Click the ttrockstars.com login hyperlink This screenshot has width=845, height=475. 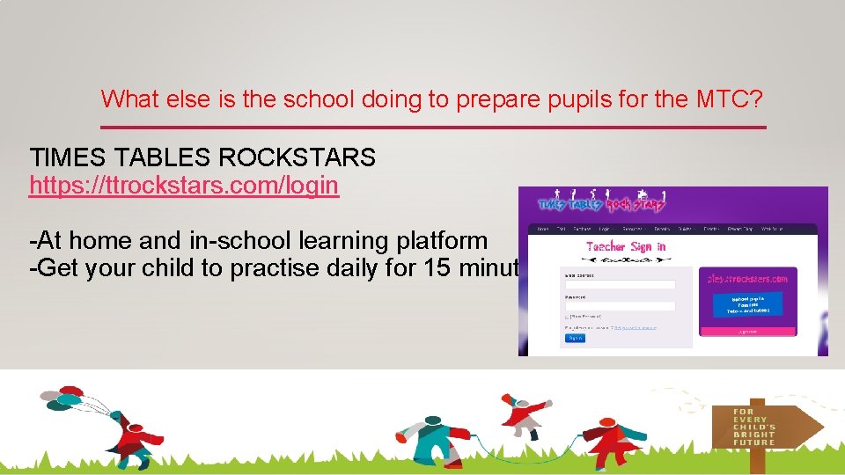tap(184, 186)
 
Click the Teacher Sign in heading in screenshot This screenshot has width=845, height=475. tap(626, 247)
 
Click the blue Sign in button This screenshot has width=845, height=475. tap(575, 338)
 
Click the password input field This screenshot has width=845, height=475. tap(620, 306)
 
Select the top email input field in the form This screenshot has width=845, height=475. tap(620, 284)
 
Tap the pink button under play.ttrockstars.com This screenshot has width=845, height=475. tap(747, 332)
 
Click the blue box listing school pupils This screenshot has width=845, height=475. tap(747, 304)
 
